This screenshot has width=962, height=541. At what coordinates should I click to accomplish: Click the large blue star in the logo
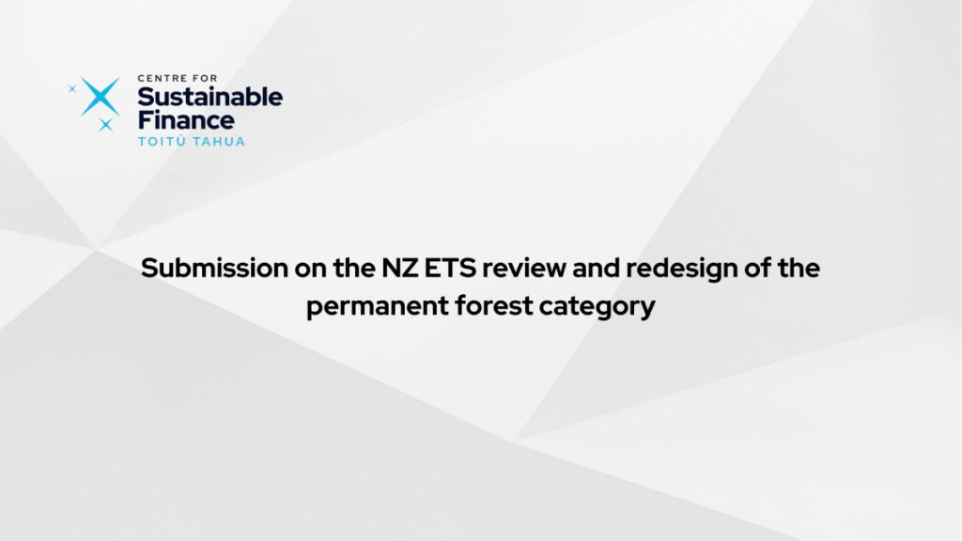click(x=101, y=97)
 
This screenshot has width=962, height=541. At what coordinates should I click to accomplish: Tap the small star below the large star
click(x=106, y=125)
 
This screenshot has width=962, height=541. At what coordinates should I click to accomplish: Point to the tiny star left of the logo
click(x=72, y=89)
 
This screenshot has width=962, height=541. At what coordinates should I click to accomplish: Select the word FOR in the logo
click(x=204, y=78)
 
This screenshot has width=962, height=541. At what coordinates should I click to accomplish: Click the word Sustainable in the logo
click(x=209, y=97)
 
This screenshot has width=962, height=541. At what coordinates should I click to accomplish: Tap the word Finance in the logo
click(x=186, y=119)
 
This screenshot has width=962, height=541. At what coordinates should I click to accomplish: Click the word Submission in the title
click(x=215, y=268)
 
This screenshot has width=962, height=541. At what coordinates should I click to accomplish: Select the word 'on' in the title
click(x=310, y=269)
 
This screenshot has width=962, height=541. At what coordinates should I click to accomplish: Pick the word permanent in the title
click(x=378, y=307)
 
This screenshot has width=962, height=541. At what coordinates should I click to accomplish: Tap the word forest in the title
click(x=494, y=305)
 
